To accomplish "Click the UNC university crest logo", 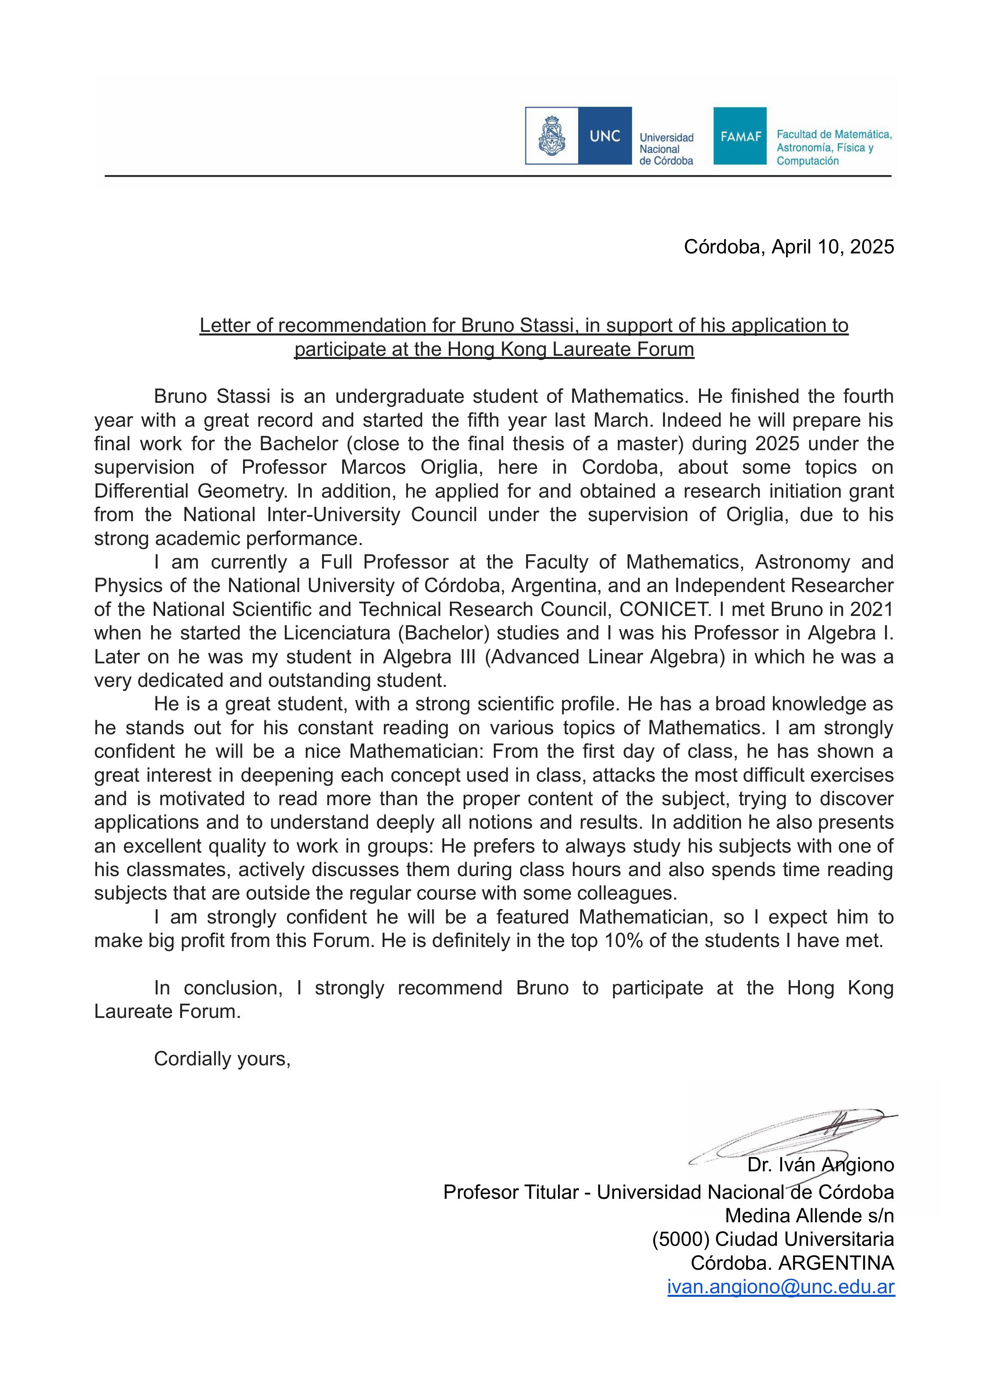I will click(x=552, y=136).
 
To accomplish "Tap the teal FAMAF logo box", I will click(x=740, y=136).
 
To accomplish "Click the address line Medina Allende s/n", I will click(x=809, y=1216).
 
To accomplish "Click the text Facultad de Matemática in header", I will click(x=833, y=134).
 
